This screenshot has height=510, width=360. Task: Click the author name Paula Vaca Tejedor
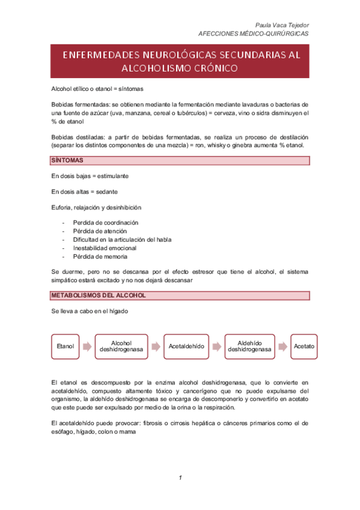click(x=282, y=25)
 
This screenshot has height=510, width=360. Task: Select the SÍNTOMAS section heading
click(x=67, y=161)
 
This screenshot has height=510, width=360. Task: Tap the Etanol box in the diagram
click(x=65, y=347)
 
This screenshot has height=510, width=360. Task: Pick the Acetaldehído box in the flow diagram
click(x=186, y=347)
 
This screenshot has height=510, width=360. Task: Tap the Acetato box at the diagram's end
click(x=304, y=347)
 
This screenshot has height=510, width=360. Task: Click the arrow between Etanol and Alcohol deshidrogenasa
click(x=87, y=347)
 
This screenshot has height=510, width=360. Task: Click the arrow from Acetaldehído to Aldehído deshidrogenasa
click(x=216, y=347)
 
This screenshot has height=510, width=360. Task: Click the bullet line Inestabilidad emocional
click(x=105, y=248)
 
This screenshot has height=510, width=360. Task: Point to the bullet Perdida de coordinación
click(x=105, y=223)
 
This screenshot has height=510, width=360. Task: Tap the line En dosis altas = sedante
click(x=84, y=191)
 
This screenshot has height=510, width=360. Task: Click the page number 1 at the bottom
click(x=180, y=478)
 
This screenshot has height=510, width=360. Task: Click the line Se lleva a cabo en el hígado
click(x=90, y=313)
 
